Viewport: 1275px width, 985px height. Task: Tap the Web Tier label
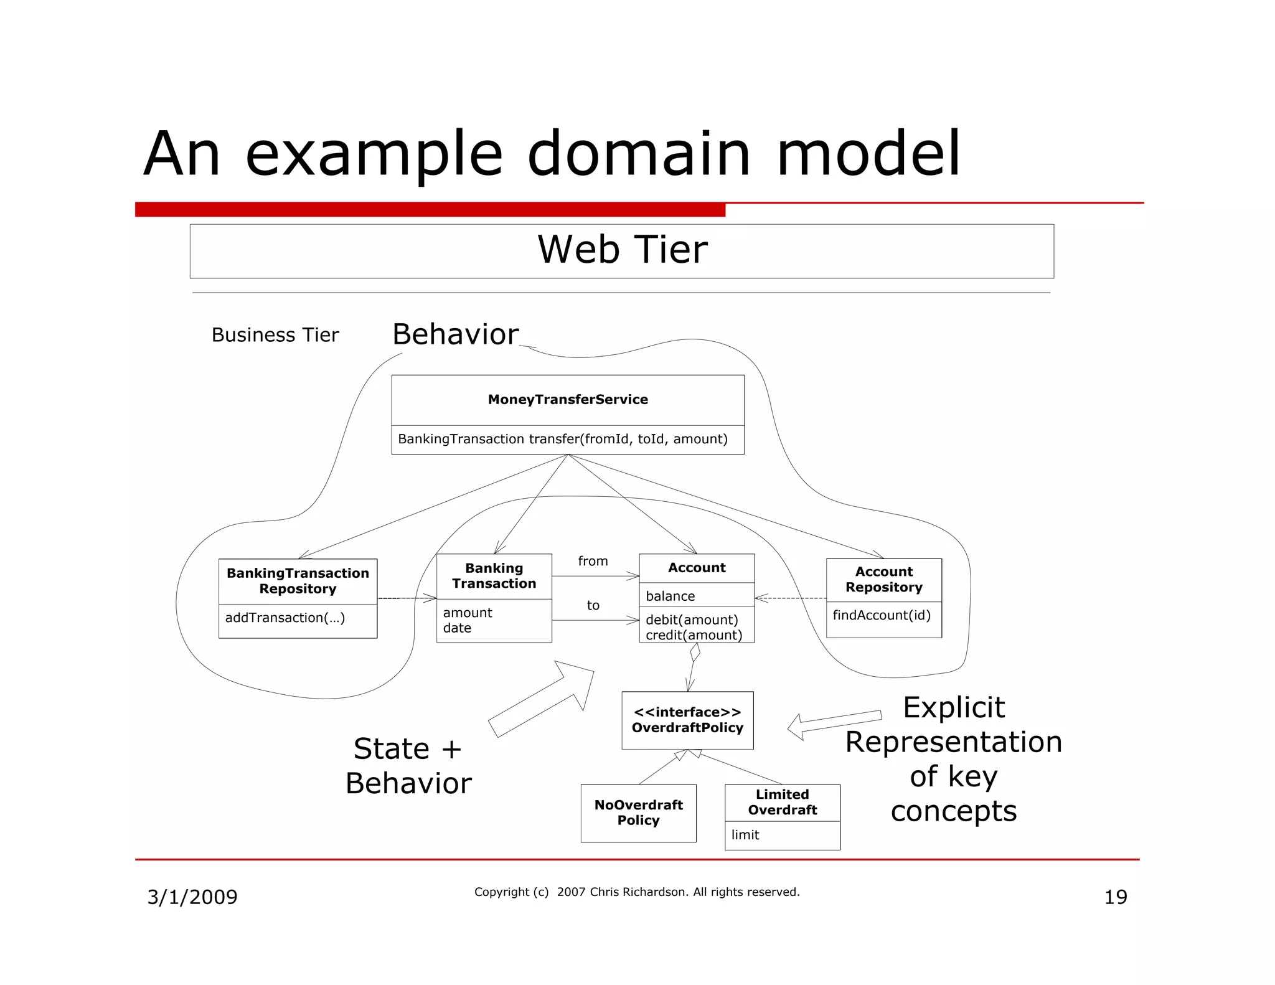[x=622, y=250]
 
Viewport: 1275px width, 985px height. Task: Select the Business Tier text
[x=275, y=335]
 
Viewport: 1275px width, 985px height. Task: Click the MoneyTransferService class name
[x=568, y=400]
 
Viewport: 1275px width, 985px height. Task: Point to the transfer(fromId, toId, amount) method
[x=562, y=439]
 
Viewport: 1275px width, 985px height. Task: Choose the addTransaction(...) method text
[x=285, y=618]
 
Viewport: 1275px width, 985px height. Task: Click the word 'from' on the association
[x=593, y=561]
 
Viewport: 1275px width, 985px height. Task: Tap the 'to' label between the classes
[x=593, y=605]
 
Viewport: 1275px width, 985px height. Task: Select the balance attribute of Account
[x=670, y=596]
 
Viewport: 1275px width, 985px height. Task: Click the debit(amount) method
[x=692, y=620]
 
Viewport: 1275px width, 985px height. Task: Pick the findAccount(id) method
[x=882, y=615]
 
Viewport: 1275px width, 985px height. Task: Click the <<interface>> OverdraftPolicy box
[x=687, y=720]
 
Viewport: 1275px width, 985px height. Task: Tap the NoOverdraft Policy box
[x=638, y=813]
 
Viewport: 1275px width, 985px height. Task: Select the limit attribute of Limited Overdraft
[x=745, y=835]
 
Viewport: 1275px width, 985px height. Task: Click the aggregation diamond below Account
[x=695, y=653]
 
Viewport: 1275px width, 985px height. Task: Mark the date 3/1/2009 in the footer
[x=192, y=897]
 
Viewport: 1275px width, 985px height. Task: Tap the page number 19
[x=1115, y=897]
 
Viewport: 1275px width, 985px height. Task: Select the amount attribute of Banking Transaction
[x=467, y=613]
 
